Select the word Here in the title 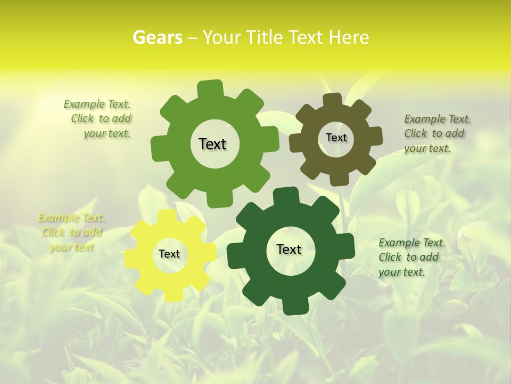[x=349, y=37]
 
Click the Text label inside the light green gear [x=212, y=144]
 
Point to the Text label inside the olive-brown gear [x=336, y=138]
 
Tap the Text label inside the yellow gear [x=169, y=254]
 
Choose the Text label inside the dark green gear [x=289, y=249]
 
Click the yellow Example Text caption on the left [x=71, y=232]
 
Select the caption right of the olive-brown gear [x=436, y=133]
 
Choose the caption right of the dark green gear [x=411, y=257]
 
